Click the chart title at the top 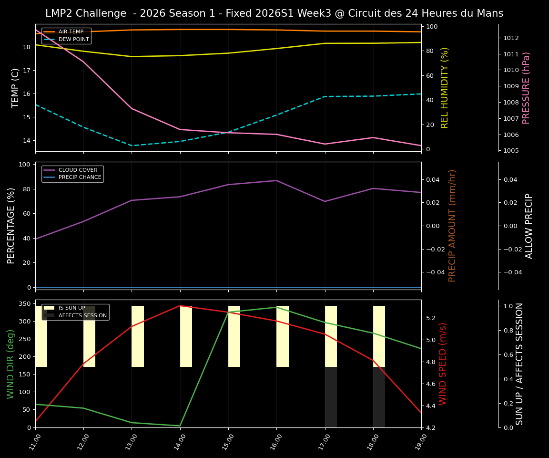pyautogui.click(x=274, y=13)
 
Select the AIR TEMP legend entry pyautogui.click(x=71, y=32)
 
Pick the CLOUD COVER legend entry pyautogui.click(x=78, y=170)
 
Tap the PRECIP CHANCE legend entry pyautogui.click(x=80, y=177)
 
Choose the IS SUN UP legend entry pyautogui.click(x=71, y=308)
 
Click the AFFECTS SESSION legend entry pyautogui.click(x=82, y=315)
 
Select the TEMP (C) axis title pyautogui.click(x=15, y=88)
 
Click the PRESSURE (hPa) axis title pyautogui.click(x=526, y=88)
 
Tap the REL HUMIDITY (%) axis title pyautogui.click(x=445, y=88)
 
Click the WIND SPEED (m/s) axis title pyautogui.click(x=443, y=364)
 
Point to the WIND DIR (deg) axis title pyautogui.click(x=10, y=364)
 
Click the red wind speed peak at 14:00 pyautogui.click(x=180, y=306)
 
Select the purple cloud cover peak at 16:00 pyautogui.click(x=276, y=180)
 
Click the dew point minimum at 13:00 pyautogui.click(x=132, y=146)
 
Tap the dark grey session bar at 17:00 pyautogui.click(x=331, y=397)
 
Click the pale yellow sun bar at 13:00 pyautogui.click(x=138, y=336)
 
